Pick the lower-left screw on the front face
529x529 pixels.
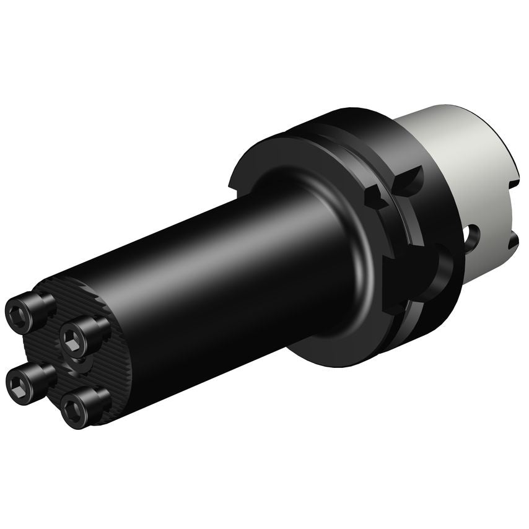[x=26, y=383]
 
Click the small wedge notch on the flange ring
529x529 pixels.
[x=374, y=198]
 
